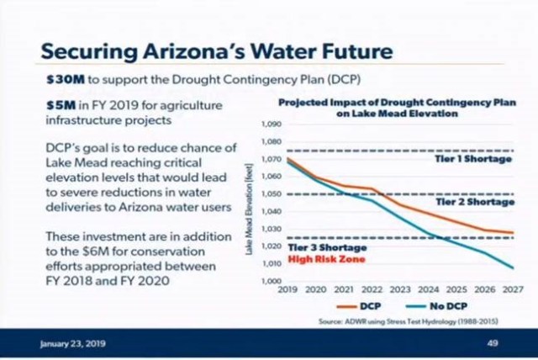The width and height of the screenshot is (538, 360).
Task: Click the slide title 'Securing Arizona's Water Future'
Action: click(x=217, y=50)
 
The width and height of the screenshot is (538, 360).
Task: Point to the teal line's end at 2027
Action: click(x=511, y=268)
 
